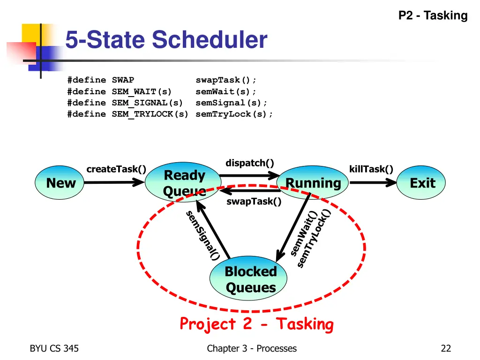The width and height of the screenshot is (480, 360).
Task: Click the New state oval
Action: coord(61,183)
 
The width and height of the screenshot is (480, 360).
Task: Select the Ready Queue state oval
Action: coord(184,183)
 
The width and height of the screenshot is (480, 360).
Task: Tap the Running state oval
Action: coord(313,183)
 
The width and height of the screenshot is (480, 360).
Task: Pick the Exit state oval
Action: coord(422,183)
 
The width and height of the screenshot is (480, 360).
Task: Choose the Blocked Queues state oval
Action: coord(250,279)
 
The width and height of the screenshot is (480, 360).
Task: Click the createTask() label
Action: coord(116,169)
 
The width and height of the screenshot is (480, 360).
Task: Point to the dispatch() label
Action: coord(249,163)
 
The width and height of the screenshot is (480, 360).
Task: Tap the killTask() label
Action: coord(371,169)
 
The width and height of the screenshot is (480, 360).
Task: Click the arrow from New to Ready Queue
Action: coord(114,183)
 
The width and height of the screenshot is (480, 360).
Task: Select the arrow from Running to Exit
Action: coord(373,183)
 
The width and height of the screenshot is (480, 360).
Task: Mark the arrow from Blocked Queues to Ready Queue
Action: coord(213,230)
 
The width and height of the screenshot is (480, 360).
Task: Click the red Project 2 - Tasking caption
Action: coord(256,324)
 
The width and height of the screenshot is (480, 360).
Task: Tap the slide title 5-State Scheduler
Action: coord(166,39)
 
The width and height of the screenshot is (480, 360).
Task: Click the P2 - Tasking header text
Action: coord(433,16)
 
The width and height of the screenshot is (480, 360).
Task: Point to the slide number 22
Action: coord(445,348)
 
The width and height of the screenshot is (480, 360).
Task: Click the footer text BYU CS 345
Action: coord(54,348)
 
